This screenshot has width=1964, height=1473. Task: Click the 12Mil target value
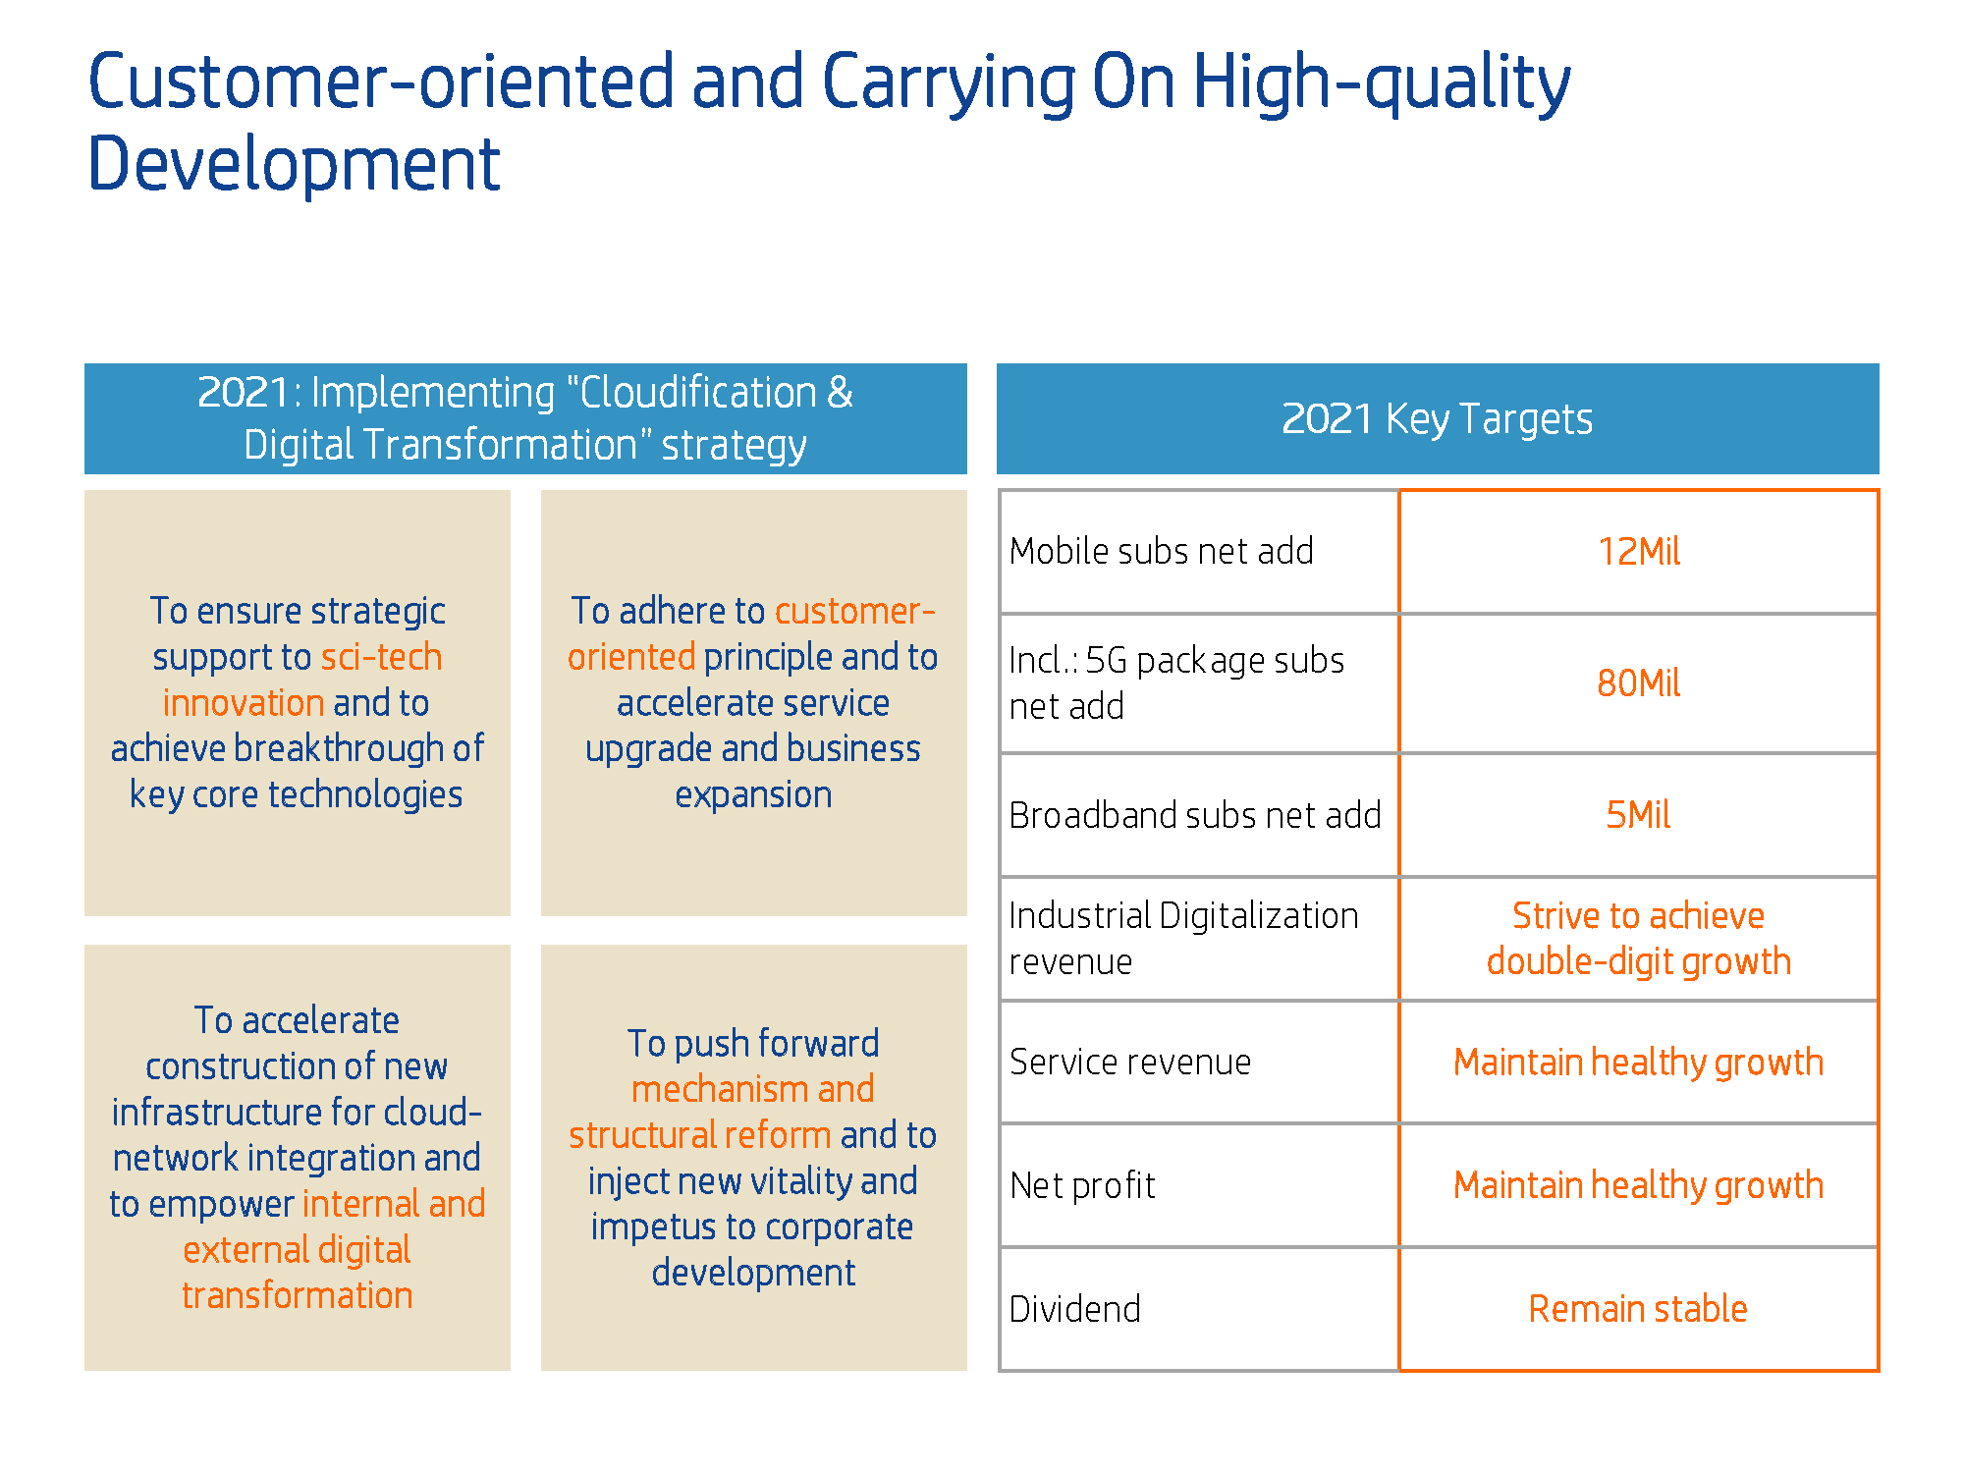(1639, 552)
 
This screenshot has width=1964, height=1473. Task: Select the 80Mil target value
(1639, 683)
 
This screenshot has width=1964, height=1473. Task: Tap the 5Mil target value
(1639, 815)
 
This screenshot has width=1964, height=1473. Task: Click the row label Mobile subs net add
(1162, 552)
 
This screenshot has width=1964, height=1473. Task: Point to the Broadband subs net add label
(1195, 815)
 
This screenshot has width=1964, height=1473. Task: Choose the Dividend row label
(1075, 1309)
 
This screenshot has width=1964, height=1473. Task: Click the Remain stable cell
(1639, 1309)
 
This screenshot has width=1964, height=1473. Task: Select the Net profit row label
(1082, 1185)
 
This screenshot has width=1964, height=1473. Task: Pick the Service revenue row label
(1130, 1062)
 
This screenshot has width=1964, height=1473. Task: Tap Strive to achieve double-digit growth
(1639, 939)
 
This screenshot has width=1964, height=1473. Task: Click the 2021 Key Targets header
(1438, 419)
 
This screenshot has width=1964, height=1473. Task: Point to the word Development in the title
(295, 163)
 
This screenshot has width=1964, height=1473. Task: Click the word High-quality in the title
(1382, 83)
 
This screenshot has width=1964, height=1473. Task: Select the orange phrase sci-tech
(382, 657)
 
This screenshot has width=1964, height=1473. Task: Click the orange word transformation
(298, 1295)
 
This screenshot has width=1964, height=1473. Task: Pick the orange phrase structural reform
(700, 1135)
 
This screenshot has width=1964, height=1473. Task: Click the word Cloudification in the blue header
(698, 393)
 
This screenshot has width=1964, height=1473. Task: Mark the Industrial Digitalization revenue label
(1184, 939)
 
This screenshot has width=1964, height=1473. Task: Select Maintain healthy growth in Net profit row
(1639, 1185)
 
